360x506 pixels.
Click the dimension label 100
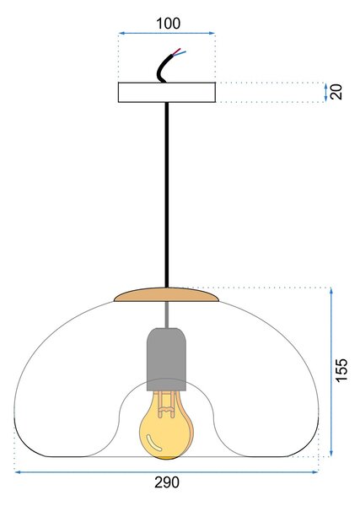click(x=168, y=24)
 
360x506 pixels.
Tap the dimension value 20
click(x=336, y=92)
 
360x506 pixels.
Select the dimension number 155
click(x=341, y=370)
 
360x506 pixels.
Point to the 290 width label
click(x=167, y=482)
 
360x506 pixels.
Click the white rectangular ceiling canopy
click(x=167, y=92)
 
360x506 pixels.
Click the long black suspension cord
click(x=167, y=195)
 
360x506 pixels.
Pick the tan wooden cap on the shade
click(x=166, y=295)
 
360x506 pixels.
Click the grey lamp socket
click(x=166, y=359)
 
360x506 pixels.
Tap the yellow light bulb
click(x=165, y=425)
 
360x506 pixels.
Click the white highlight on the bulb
click(x=154, y=443)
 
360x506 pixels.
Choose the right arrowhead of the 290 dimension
click(x=314, y=472)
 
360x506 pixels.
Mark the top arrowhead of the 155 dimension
click(x=331, y=291)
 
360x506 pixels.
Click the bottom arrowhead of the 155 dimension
click(x=331, y=453)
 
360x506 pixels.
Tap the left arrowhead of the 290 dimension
click(x=19, y=472)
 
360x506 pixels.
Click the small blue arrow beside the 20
click(x=325, y=92)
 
